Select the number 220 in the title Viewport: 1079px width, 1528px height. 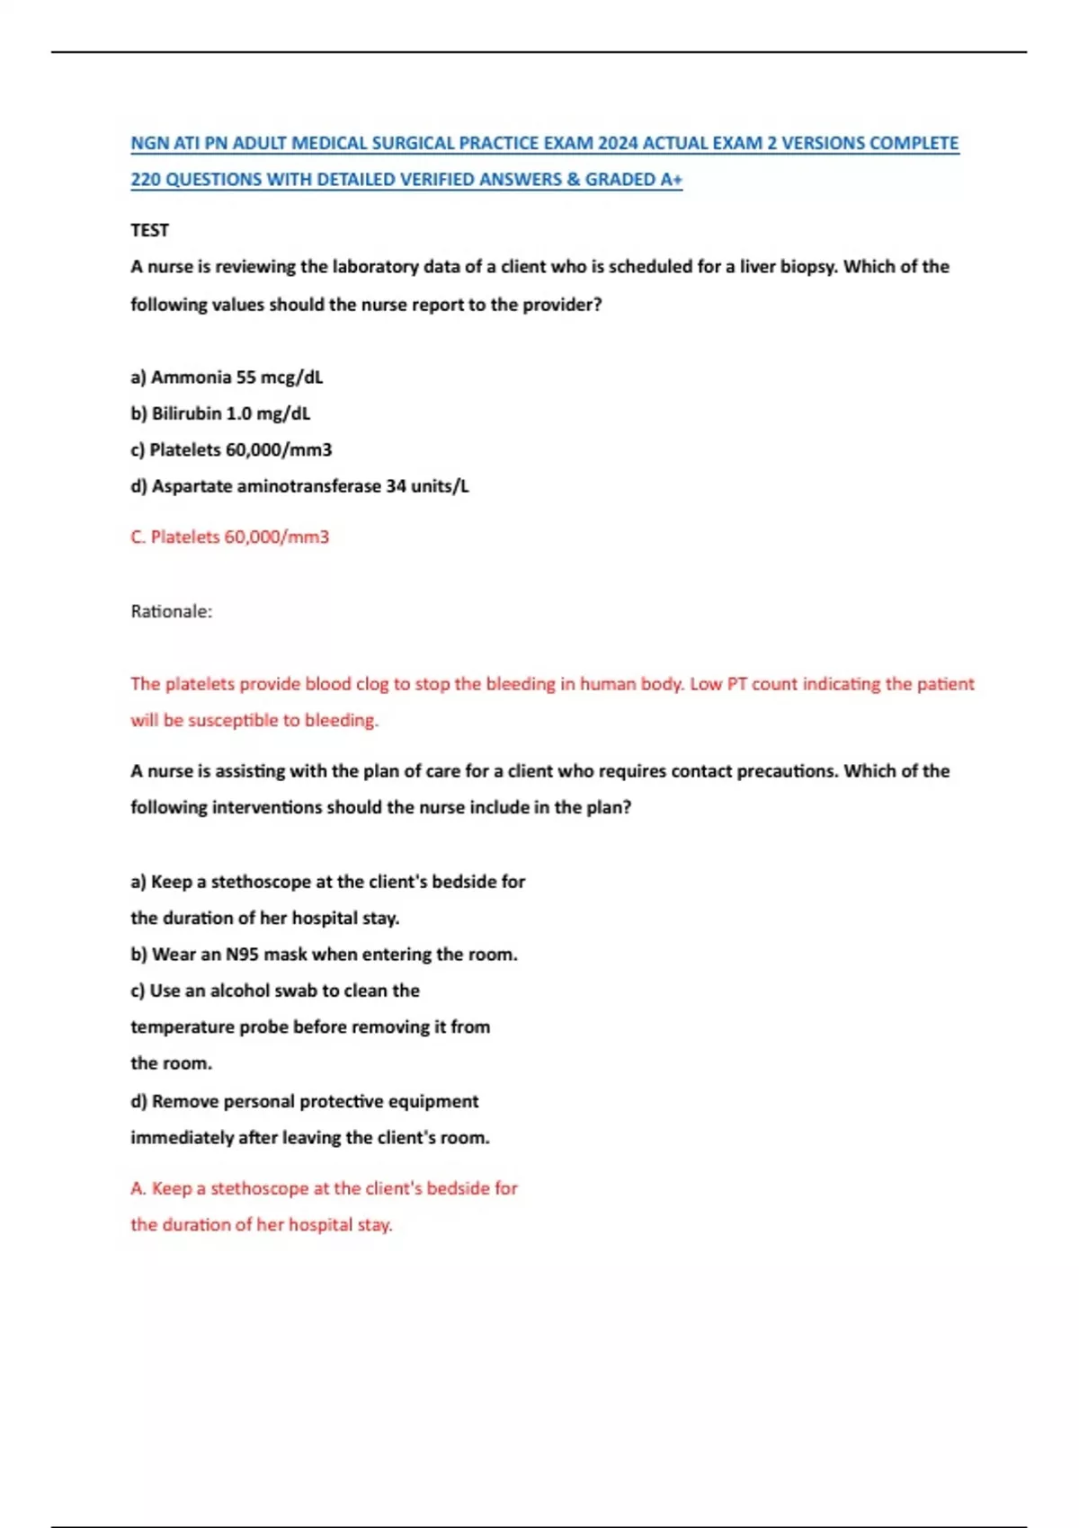146,180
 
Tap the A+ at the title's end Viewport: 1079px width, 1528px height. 672,180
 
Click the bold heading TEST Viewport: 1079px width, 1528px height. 149,230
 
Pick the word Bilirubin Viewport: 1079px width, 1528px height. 186,413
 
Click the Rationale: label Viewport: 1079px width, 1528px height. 172,611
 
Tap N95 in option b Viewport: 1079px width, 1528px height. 242,955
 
